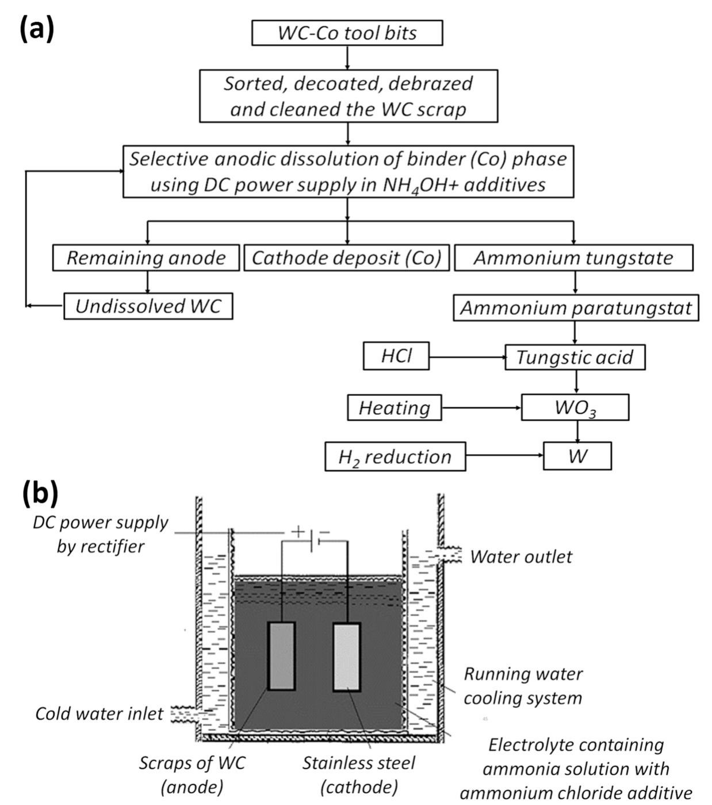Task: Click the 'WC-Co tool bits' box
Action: (347, 33)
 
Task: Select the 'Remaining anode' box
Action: (146, 258)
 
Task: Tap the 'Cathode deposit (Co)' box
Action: (346, 258)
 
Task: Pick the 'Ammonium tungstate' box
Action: (573, 258)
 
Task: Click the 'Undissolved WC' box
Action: (148, 306)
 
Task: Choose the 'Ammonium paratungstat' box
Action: (576, 308)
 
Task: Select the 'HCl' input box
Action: (396, 356)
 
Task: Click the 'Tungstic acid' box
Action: (575, 357)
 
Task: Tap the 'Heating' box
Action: (395, 407)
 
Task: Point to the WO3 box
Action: (575, 407)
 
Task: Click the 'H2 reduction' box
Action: (395, 456)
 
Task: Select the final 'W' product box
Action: (577, 456)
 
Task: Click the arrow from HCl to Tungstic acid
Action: (467, 357)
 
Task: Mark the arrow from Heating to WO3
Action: (481, 408)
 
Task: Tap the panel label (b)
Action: (40, 493)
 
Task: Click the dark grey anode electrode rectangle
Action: (282, 656)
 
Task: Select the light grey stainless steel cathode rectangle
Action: (347, 657)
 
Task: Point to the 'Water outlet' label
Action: (521, 557)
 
